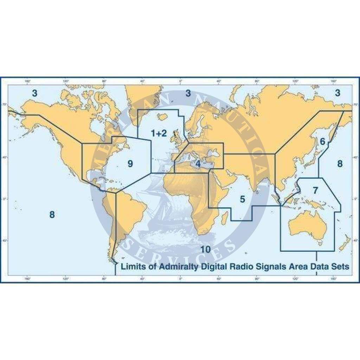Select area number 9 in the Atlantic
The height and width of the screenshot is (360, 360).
[130, 163]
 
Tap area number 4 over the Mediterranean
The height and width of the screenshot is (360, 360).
[198, 164]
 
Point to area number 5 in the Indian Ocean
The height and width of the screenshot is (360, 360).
[242, 199]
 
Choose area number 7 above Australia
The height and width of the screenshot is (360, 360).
[315, 191]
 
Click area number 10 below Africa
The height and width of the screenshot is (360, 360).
[206, 249]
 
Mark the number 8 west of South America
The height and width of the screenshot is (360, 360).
[52, 214]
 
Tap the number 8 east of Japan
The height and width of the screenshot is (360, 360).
[340, 163]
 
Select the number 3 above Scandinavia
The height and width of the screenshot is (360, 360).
[188, 93]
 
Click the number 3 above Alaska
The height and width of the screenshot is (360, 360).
[34, 93]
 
